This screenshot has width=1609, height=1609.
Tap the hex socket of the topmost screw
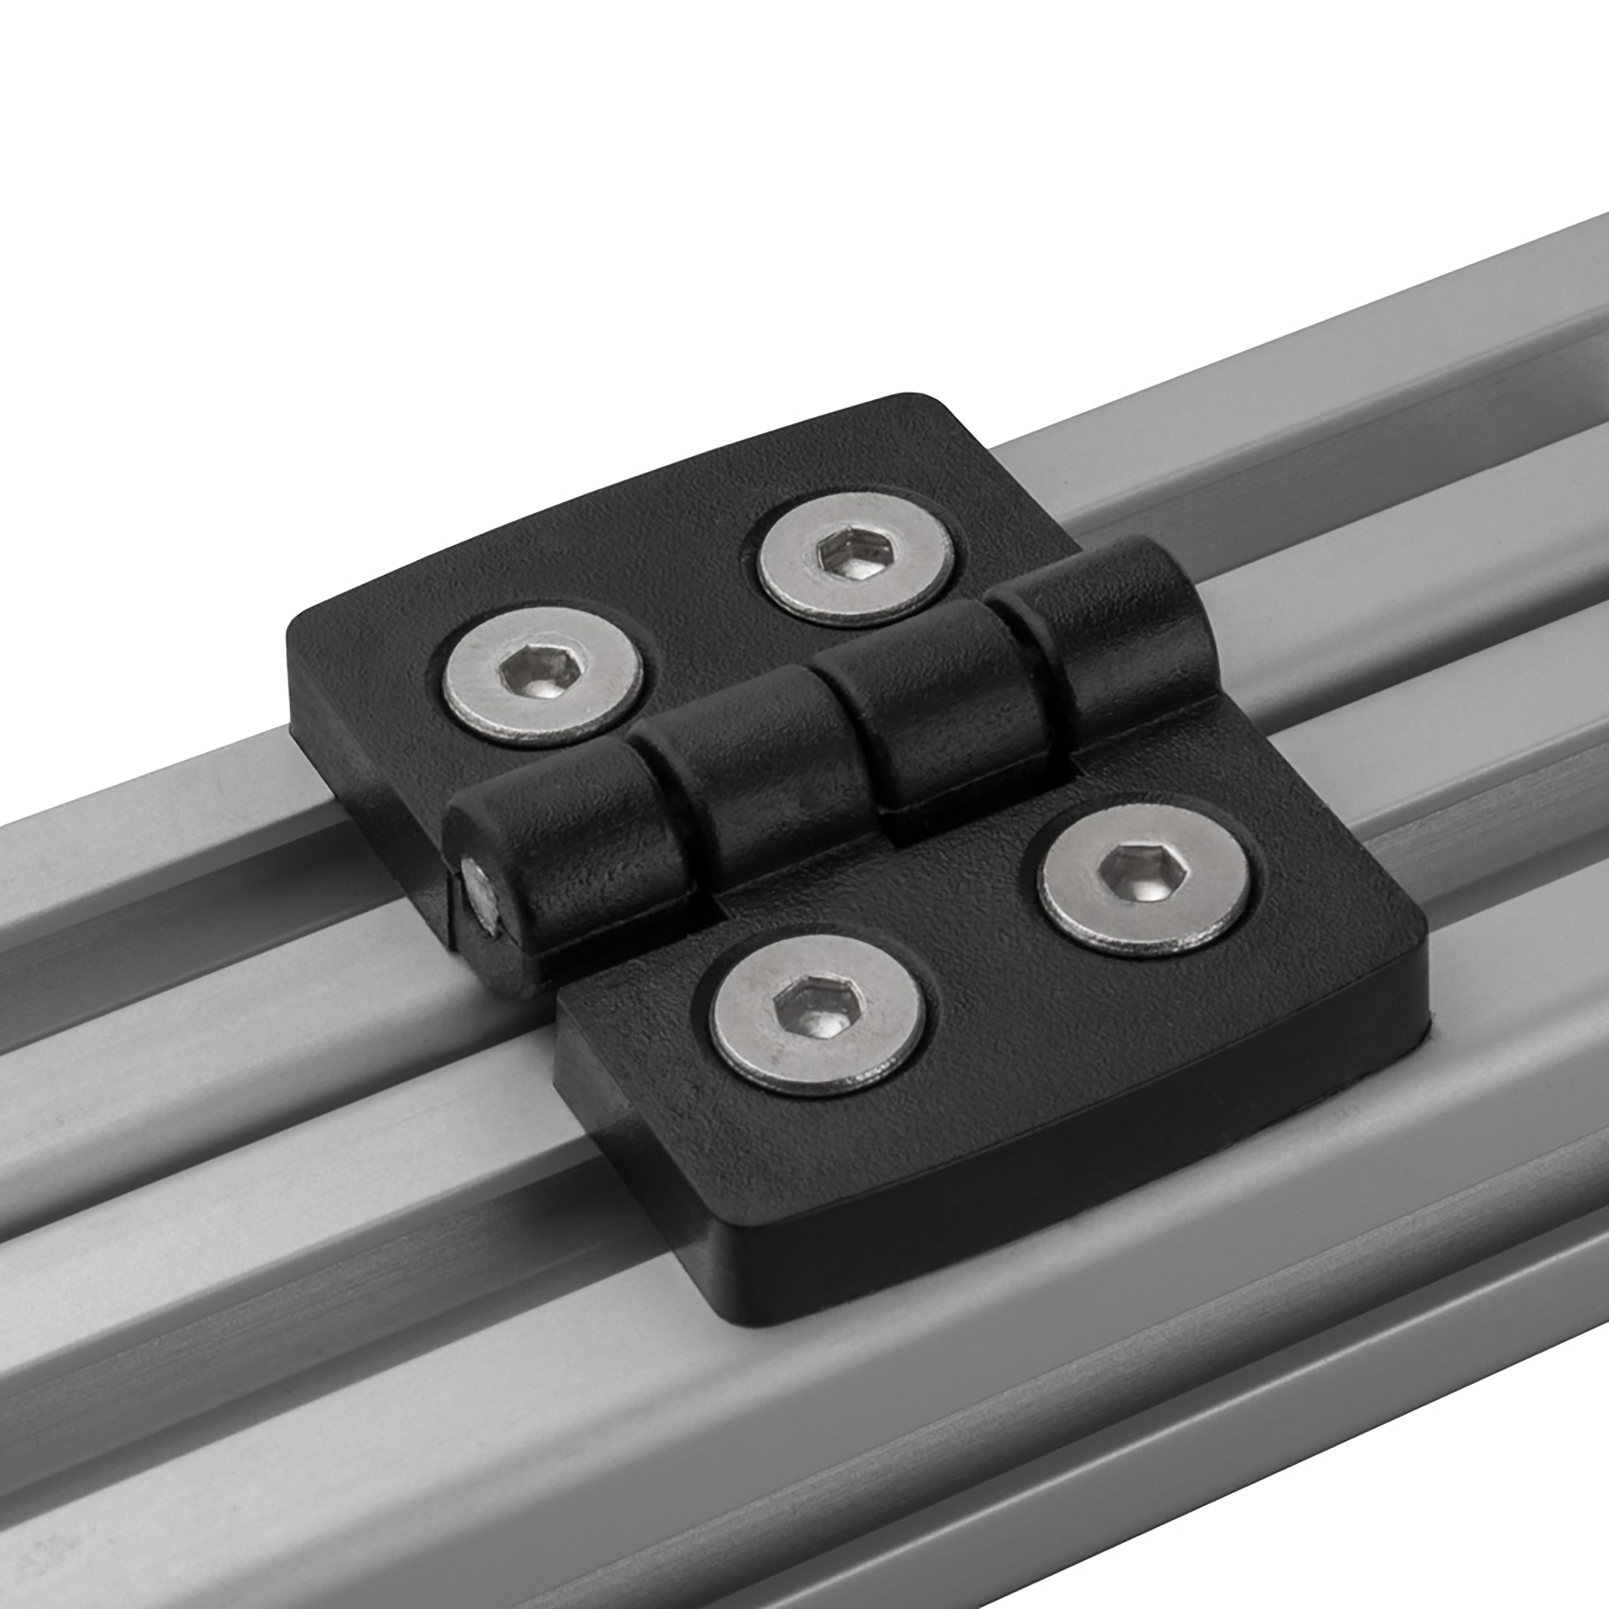[x=846, y=555]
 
